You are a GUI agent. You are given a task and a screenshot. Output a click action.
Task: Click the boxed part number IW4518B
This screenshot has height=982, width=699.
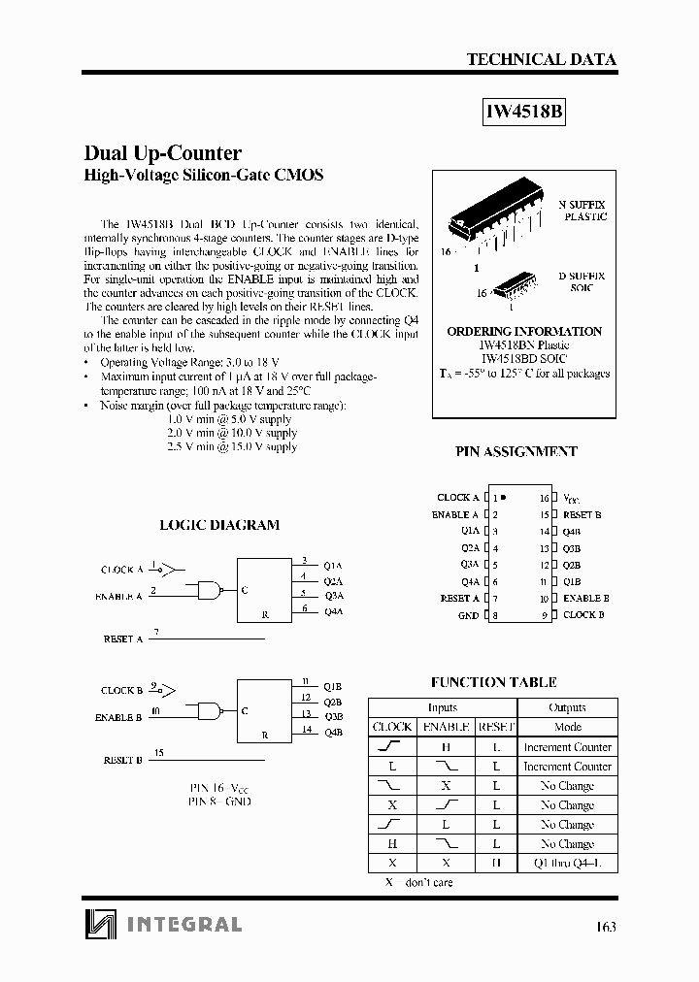click(524, 112)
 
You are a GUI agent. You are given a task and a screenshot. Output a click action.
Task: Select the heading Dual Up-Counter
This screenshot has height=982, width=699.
click(163, 153)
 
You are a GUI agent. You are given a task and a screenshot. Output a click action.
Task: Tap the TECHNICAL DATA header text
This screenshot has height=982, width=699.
click(542, 59)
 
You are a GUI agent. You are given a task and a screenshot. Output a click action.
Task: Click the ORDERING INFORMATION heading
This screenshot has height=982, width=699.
click(524, 331)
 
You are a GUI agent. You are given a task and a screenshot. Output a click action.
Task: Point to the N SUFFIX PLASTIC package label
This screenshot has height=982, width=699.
click(582, 211)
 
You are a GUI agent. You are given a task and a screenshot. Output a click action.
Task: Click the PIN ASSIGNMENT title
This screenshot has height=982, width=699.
click(516, 451)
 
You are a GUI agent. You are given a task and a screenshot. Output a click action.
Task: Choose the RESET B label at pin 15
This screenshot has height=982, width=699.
click(582, 515)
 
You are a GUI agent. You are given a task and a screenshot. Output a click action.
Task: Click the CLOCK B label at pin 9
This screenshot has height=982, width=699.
click(583, 615)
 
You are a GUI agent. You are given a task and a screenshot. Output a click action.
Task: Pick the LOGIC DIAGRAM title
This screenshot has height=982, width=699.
click(219, 525)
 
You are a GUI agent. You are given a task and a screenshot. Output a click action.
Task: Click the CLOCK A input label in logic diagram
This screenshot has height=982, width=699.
click(122, 570)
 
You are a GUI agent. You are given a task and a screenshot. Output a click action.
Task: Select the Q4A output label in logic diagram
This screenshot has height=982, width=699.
click(333, 611)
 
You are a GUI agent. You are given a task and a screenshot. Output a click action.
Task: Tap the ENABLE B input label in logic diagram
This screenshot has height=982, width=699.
click(118, 718)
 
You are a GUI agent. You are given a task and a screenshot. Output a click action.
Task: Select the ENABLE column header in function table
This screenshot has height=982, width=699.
click(447, 727)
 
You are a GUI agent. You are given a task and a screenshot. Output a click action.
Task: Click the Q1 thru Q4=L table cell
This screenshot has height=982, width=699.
click(567, 863)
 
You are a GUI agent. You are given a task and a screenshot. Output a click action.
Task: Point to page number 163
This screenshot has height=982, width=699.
click(606, 926)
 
